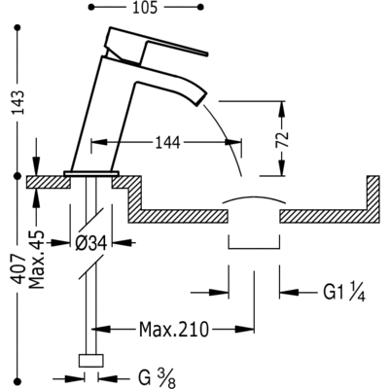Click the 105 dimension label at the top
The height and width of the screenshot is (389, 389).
(145, 7)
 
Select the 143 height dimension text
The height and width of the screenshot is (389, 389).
(18, 102)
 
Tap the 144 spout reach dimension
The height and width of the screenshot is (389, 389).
(167, 143)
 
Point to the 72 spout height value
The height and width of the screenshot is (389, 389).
(283, 139)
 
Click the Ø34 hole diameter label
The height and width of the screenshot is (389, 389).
(91, 242)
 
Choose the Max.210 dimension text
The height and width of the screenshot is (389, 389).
(174, 330)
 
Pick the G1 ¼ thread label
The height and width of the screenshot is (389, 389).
(344, 293)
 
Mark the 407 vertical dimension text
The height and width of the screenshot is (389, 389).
(18, 269)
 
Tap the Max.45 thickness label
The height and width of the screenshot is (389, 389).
(36, 260)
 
